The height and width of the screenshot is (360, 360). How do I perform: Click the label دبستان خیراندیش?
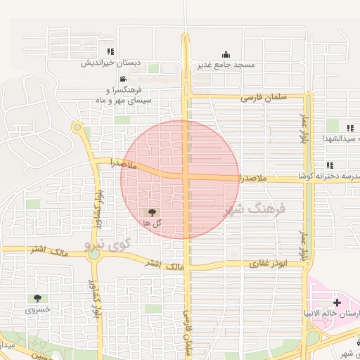(112, 63)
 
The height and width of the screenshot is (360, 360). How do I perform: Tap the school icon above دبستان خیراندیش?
(110, 51)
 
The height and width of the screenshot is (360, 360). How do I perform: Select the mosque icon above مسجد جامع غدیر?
(225, 55)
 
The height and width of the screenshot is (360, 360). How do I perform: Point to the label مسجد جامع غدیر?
(226, 65)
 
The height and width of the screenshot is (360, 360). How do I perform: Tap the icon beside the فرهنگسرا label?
(123, 79)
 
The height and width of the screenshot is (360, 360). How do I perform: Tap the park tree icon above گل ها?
(153, 211)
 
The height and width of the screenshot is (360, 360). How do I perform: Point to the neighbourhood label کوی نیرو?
(108, 245)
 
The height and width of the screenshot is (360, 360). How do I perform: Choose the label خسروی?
(38, 309)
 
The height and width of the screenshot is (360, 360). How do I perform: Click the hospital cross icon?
(337, 302)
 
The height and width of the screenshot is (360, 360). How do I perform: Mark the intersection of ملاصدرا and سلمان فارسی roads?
(186, 177)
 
